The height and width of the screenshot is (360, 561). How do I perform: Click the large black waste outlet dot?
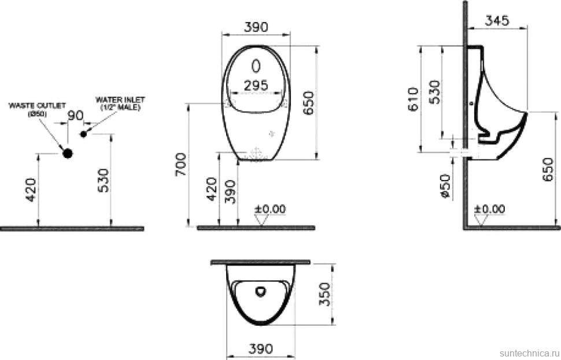point(67,153)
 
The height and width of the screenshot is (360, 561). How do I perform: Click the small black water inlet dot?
point(84,134)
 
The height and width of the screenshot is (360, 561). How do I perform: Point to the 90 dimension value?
point(76,116)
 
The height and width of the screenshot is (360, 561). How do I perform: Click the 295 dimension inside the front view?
point(256,85)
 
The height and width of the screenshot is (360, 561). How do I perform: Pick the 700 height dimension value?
point(181,164)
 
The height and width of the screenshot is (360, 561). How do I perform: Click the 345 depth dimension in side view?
point(497,20)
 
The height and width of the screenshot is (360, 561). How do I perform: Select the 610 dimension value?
point(414,99)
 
